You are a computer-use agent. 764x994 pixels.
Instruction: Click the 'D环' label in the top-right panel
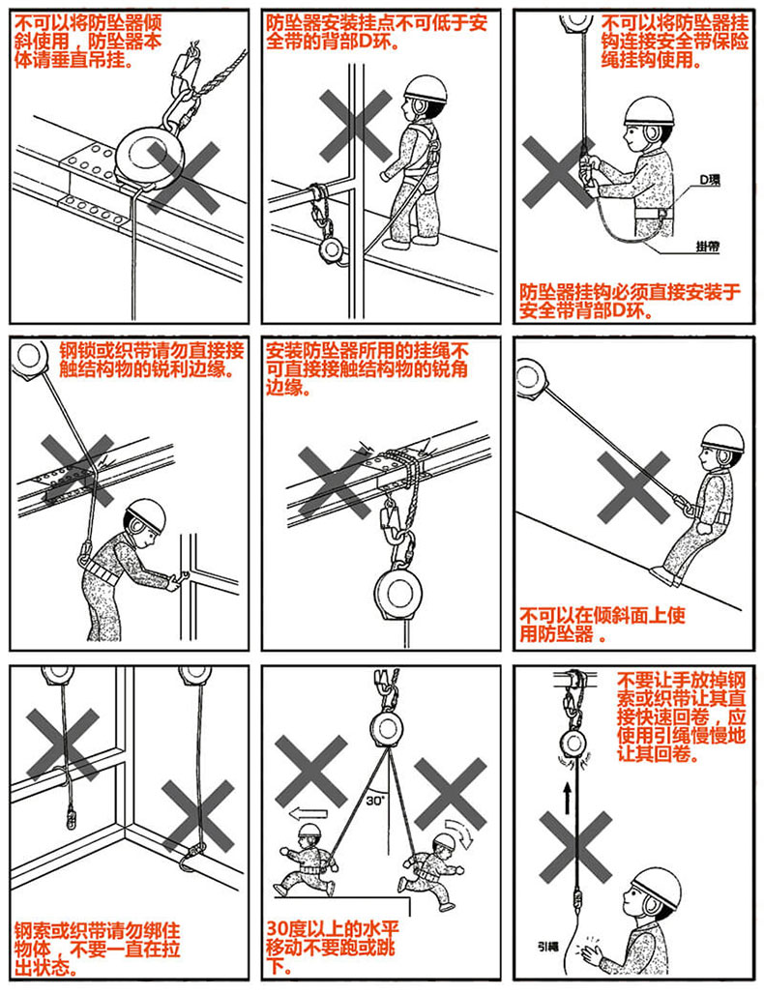(710, 180)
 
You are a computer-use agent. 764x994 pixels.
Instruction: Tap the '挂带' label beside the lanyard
(707, 246)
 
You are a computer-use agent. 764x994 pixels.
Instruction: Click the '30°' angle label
(374, 800)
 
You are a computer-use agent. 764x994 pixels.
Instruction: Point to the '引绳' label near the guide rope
(547, 947)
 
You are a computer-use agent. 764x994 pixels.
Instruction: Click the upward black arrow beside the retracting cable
(567, 797)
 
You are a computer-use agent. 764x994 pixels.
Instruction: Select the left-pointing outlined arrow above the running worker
(309, 813)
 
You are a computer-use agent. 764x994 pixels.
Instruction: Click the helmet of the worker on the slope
(722, 438)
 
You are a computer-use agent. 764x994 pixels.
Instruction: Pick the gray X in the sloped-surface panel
(632, 486)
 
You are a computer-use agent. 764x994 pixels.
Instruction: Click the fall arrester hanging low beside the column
(333, 249)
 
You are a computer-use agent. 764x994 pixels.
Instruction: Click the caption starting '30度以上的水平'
(333, 947)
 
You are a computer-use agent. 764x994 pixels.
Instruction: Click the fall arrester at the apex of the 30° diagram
(385, 730)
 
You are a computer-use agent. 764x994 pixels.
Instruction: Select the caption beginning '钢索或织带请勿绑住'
(98, 949)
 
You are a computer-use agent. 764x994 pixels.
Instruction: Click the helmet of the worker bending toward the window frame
(146, 514)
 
